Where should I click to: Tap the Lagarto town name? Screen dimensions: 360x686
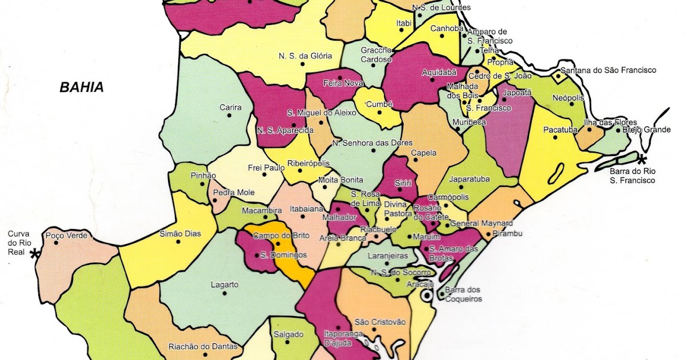pos(225,285)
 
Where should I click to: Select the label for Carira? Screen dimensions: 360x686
pos(230,107)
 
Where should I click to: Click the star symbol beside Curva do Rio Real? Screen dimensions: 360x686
pos(35,254)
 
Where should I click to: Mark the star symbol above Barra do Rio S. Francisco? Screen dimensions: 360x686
pos(642,158)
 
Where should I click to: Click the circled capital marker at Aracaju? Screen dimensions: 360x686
pos(426,296)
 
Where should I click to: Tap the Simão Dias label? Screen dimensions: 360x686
pos(178,234)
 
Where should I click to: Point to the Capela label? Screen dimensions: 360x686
pos(424,153)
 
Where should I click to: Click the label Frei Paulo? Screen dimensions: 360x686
pos(266,167)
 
